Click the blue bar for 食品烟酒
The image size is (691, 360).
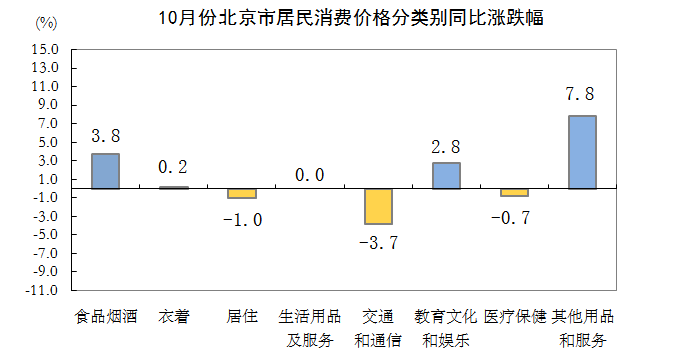pyautogui.click(x=105, y=170)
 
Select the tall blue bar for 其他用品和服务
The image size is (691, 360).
pyautogui.click(x=582, y=152)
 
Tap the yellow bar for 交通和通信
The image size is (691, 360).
pyautogui.click(x=378, y=206)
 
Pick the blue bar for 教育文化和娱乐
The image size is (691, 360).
pyautogui.click(x=446, y=175)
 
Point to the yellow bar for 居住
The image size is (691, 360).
pyautogui.click(x=242, y=192)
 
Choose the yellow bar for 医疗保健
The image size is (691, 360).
pyautogui.click(x=514, y=191)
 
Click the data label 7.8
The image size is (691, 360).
pyautogui.click(x=581, y=95)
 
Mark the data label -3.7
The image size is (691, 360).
pyautogui.click(x=378, y=242)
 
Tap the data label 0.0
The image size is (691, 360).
pyautogui.click(x=310, y=175)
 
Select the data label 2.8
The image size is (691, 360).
pyautogui.click(x=446, y=146)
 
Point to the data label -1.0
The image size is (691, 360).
pyautogui.click(x=241, y=219)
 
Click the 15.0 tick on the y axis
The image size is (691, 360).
pyautogui.click(x=46, y=49)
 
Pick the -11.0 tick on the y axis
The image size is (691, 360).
pyautogui.click(x=44, y=290)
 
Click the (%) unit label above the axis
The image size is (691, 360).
pyautogui.click(x=46, y=22)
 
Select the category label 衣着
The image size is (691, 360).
pyautogui.click(x=173, y=317)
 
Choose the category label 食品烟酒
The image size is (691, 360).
pyautogui.click(x=105, y=317)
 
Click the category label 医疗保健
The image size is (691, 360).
pyautogui.click(x=514, y=317)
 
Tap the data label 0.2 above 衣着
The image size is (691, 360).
pyautogui.click(x=173, y=166)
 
